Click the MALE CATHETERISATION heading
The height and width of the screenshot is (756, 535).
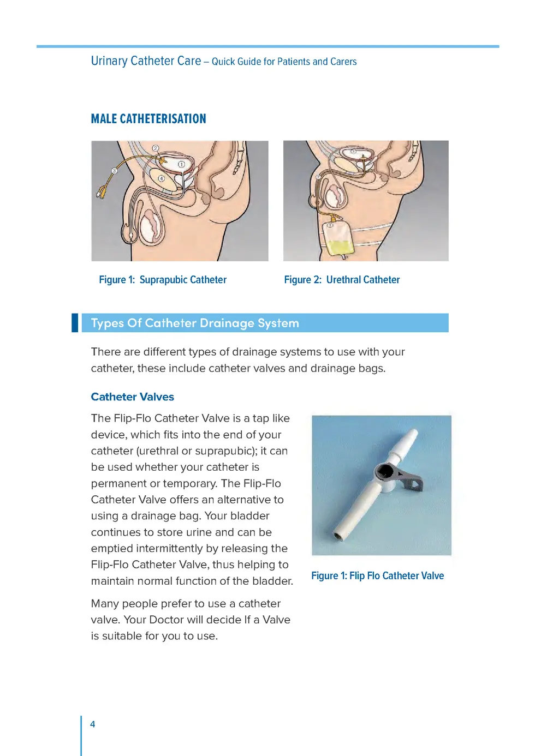tap(148, 119)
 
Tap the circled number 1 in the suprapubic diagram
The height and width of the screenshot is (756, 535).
tap(181, 164)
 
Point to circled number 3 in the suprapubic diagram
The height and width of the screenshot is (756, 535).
tap(114, 171)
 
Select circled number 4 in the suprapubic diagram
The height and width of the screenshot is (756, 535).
tap(162, 178)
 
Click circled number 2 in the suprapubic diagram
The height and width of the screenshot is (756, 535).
tap(156, 148)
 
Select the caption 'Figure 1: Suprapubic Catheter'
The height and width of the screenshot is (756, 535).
tap(163, 280)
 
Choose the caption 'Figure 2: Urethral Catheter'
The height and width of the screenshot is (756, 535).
tap(342, 280)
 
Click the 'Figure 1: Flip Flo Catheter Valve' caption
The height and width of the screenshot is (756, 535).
tap(377, 576)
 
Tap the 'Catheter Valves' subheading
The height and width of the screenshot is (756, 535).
tap(132, 397)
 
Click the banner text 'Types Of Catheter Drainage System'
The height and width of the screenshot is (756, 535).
tap(195, 323)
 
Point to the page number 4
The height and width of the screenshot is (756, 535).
tap(93, 724)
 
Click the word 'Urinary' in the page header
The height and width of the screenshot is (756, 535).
tap(109, 61)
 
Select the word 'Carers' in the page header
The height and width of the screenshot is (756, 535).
tap(343, 62)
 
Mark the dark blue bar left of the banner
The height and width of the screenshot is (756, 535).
tap(75, 323)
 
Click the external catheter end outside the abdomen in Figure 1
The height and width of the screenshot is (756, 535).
tap(102, 191)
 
